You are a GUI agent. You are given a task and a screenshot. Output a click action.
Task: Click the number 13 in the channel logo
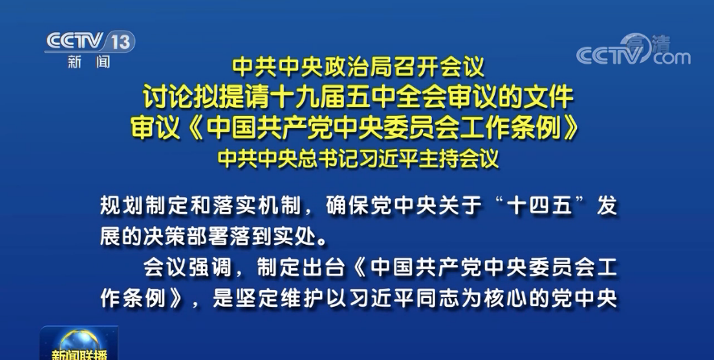[121, 43]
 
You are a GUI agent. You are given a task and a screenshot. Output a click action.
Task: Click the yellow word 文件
[549, 97]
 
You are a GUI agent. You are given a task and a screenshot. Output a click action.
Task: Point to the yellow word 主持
[439, 159]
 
